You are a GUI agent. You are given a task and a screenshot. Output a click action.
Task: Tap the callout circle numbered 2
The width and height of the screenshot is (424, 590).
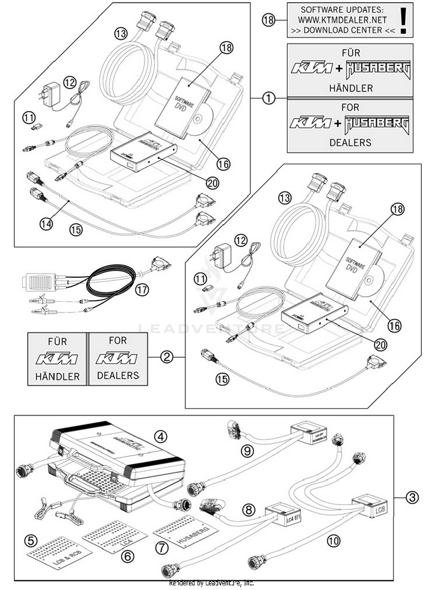click(166, 357)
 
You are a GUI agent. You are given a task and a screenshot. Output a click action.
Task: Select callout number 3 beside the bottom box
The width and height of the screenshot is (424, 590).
click(412, 497)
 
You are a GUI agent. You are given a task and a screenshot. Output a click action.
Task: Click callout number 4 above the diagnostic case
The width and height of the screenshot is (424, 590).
click(161, 437)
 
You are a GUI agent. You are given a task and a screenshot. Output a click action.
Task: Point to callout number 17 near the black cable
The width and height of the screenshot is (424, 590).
click(142, 290)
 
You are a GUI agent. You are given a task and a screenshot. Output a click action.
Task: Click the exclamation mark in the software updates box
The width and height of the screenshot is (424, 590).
click(403, 21)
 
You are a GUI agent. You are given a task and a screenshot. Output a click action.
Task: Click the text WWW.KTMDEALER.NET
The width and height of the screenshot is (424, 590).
click(342, 20)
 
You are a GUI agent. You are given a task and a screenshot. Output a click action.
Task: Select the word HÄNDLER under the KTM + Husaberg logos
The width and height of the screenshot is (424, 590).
click(351, 88)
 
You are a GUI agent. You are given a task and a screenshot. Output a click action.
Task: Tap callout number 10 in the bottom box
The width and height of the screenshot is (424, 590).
click(333, 541)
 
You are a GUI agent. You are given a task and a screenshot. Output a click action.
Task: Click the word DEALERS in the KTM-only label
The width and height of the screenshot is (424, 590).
click(118, 375)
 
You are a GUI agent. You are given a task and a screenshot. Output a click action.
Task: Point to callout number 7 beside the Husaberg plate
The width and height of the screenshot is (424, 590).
click(162, 548)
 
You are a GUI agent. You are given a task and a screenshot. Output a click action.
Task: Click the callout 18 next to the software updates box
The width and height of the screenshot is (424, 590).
click(268, 20)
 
